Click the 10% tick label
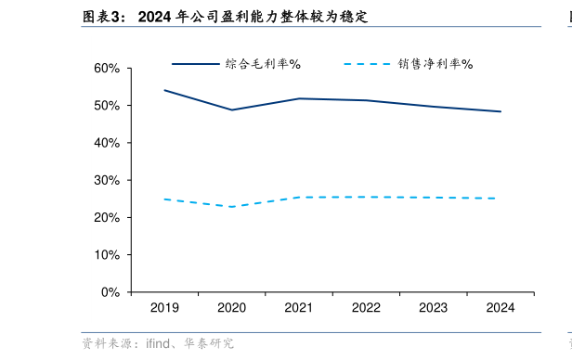click(x=108, y=254)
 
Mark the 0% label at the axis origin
click(x=110, y=292)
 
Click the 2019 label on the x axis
click(x=164, y=308)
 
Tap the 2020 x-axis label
click(x=231, y=308)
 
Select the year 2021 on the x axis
click(x=298, y=308)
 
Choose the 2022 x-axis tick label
click(x=366, y=308)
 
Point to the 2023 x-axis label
click(x=433, y=308)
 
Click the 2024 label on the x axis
click(x=500, y=308)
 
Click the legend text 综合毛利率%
click(x=263, y=64)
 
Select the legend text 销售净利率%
click(x=435, y=64)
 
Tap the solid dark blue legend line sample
click(x=194, y=64)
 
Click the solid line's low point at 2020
click(x=231, y=109)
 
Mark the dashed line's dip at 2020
click(x=231, y=207)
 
